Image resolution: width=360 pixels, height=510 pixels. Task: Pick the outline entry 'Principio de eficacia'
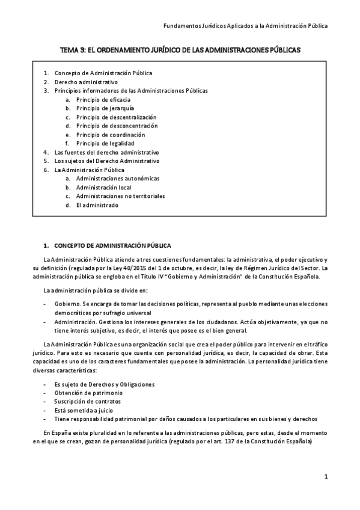[103, 99]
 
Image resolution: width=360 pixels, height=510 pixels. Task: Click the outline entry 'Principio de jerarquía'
[105, 108]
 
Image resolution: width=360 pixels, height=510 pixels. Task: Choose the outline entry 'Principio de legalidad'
[105, 144]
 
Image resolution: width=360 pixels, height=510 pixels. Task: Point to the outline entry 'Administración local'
[103, 188]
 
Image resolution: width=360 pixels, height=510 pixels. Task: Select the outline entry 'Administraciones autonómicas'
[118, 179]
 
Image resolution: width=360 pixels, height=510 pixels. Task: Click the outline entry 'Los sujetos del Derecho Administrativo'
[107, 161]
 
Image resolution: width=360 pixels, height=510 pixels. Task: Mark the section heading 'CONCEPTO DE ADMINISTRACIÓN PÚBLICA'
[112, 245]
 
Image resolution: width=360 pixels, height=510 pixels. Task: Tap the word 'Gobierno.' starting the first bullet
[67, 304]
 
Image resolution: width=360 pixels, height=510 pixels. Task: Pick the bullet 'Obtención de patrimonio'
[88, 392]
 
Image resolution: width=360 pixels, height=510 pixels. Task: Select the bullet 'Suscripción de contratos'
[88, 401]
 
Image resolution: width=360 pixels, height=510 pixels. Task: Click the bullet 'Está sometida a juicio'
[84, 410]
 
